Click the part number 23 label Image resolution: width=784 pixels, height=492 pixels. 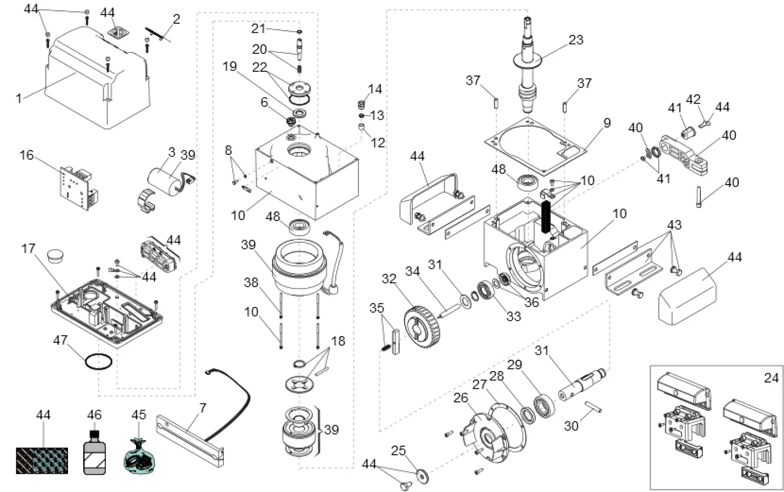[x=576, y=39]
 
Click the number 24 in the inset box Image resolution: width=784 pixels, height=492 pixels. [x=772, y=378]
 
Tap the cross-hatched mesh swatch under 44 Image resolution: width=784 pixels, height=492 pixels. [x=42, y=460]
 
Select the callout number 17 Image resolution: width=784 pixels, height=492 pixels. [x=28, y=249]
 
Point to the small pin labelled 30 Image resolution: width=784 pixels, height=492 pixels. [x=593, y=406]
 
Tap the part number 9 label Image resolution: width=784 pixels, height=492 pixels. [x=607, y=123]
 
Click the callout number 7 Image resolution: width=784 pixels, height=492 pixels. [x=203, y=408]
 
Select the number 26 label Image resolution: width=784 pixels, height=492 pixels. [x=460, y=398]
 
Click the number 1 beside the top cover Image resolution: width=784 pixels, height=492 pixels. [x=19, y=98]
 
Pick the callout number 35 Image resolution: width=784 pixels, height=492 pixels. [x=377, y=308]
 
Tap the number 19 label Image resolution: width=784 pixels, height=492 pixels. [x=230, y=66]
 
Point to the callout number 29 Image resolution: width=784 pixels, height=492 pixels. [x=514, y=365]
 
